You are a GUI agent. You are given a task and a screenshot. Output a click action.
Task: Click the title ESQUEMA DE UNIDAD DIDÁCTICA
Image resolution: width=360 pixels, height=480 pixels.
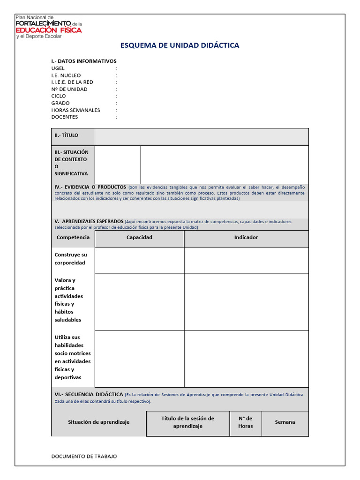click(180, 45)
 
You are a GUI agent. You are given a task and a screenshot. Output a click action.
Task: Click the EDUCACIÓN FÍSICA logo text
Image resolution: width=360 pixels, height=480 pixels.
click(49, 30)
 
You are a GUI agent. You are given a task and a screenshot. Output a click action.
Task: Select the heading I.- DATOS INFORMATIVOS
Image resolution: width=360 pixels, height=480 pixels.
click(84, 61)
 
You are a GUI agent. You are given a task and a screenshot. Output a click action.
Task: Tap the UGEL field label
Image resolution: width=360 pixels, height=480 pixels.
click(58, 68)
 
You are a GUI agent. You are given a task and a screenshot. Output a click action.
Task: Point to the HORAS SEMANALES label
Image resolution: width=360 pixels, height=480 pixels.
click(76, 110)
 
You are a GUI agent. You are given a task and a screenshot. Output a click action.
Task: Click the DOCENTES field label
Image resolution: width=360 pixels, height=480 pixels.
click(65, 117)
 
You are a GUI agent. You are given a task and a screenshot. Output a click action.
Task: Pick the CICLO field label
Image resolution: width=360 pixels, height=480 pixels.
click(59, 96)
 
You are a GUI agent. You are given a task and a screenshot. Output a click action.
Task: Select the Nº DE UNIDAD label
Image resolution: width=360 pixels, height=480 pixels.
click(69, 89)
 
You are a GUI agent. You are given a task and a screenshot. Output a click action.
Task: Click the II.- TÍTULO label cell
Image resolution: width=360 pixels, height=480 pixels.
click(67, 135)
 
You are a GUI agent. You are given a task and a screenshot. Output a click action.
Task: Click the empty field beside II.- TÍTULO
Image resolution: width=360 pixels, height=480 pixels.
click(202, 137)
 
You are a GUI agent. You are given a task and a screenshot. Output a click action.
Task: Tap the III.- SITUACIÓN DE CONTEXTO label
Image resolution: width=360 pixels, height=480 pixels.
click(72, 163)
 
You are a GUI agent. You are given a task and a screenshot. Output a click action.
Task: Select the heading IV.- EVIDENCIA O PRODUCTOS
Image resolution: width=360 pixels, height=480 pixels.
click(90, 187)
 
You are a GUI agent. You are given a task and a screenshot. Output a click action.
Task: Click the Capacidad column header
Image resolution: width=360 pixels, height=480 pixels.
click(139, 238)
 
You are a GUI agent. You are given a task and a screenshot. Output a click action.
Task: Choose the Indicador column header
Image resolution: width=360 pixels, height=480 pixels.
click(246, 238)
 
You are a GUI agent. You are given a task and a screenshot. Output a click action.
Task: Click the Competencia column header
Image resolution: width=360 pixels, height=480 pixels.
click(73, 238)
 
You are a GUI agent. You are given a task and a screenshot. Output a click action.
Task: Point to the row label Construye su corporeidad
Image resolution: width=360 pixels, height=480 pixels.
click(71, 259)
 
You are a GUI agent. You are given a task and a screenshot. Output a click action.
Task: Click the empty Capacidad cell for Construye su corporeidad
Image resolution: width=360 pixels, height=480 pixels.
click(139, 260)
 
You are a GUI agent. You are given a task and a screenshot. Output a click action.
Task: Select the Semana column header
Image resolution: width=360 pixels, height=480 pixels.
click(285, 422)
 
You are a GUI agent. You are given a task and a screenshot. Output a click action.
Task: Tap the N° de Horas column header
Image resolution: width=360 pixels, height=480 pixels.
click(246, 422)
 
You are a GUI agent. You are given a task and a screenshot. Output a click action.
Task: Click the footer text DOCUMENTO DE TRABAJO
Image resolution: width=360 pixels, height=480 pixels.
click(84, 456)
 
